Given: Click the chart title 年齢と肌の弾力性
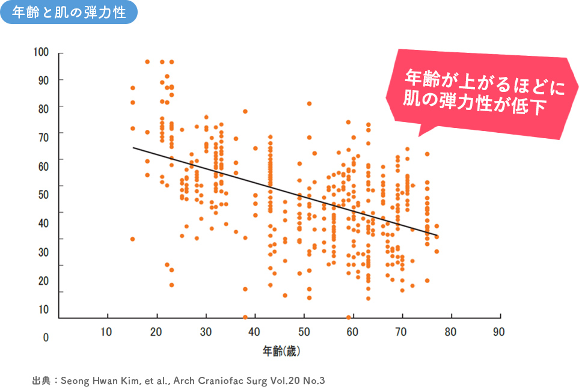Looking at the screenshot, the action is (69, 13).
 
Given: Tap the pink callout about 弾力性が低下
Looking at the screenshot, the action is (482, 92).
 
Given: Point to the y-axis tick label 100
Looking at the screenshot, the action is (41, 52).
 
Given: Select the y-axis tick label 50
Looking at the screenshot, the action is (43, 195).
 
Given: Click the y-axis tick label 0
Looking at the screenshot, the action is (46, 338).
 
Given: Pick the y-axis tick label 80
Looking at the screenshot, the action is (43, 109).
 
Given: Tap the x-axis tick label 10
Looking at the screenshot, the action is (106, 332).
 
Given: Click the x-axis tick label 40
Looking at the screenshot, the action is (254, 332).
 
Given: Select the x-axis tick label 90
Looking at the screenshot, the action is (498, 332).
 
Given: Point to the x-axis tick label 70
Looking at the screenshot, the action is (401, 332).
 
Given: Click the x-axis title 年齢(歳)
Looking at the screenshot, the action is (281, 351).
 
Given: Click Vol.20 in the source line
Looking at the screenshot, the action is (286, 380).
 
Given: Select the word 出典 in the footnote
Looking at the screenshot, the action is (41, 380).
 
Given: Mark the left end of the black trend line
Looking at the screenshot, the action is (133, 148).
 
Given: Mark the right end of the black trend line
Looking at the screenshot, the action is (437, 236).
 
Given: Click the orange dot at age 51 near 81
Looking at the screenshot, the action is (310, 104).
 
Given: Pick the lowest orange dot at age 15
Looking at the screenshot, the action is (132, 239).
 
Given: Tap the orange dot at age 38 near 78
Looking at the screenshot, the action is (245, 111).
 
